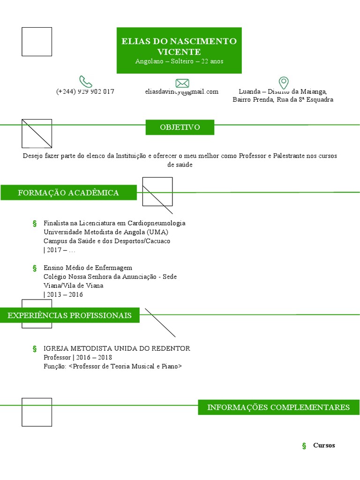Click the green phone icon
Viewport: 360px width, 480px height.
pos(85,82)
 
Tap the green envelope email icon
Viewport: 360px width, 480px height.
pos(182,83)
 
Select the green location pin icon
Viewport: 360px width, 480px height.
pos(284,83)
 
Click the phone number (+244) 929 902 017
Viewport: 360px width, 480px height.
pos(85,92)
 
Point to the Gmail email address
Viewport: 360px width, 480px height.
pos(182,92)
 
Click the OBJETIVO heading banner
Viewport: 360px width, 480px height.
pos(180,127)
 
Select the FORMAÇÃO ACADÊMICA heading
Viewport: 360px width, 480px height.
pos(68,193)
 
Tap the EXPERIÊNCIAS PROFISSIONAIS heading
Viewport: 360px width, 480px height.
pos(69,315)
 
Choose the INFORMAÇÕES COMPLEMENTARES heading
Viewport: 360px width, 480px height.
pos(278,407)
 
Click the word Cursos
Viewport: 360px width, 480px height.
pos(324,445)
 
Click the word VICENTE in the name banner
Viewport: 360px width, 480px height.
pos(179,52)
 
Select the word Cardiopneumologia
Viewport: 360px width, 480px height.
pos(157,223)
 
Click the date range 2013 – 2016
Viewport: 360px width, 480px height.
pos(65,294)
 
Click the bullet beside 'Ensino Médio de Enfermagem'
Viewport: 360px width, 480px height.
pos(35,268)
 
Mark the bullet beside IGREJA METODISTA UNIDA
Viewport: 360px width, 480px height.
pos(35,349)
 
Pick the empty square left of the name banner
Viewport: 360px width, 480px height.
pos(37,42)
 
